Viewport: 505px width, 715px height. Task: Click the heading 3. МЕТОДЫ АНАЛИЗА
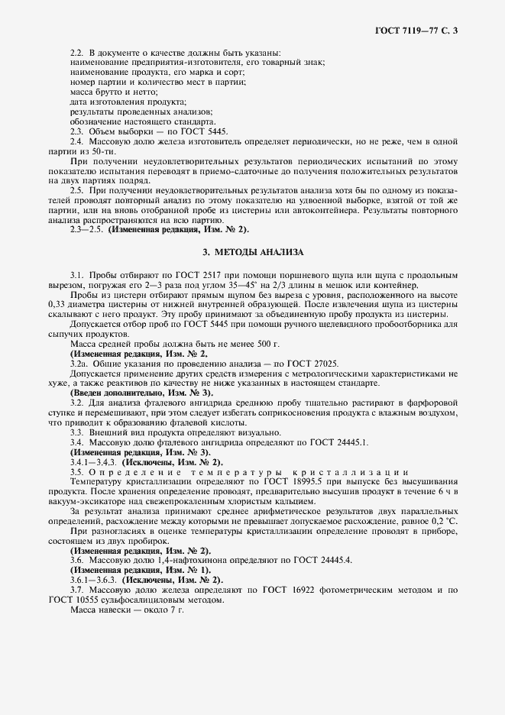click(x=253, y=251)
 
